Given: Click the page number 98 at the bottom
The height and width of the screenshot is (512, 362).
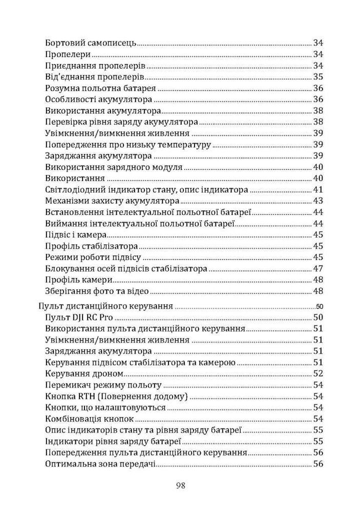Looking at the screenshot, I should pyautogui.click(x=180, y=485).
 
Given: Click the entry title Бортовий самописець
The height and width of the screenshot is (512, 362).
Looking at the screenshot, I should pyautogui.click(x=91, y=42).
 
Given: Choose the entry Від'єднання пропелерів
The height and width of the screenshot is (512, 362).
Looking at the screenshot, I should pyautogui.click(x=94, y=77).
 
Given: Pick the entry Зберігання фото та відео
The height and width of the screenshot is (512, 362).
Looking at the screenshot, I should pyautogui.click(x=97, y=291).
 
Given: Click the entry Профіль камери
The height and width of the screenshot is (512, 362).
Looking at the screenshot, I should pyautogui.click(x=79, y=280).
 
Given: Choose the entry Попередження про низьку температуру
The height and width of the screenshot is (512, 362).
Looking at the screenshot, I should pyautogui.click(x=128, y=144).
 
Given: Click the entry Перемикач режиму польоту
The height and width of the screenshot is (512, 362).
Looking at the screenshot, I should pyautogui.click(x=103, y=385).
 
